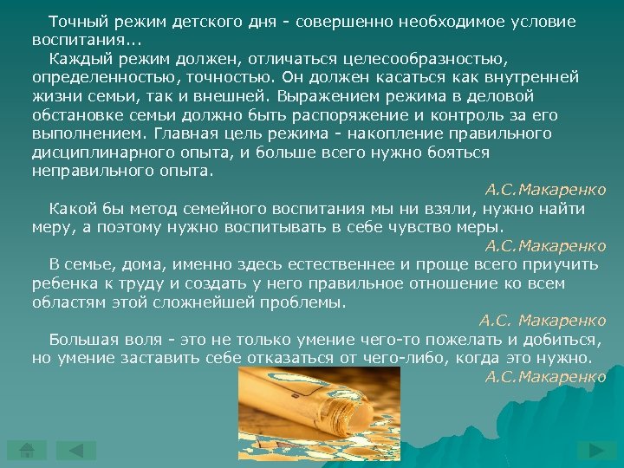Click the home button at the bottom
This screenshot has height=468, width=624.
[x=27, y=451]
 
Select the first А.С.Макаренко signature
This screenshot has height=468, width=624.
[x=545, y=190]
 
